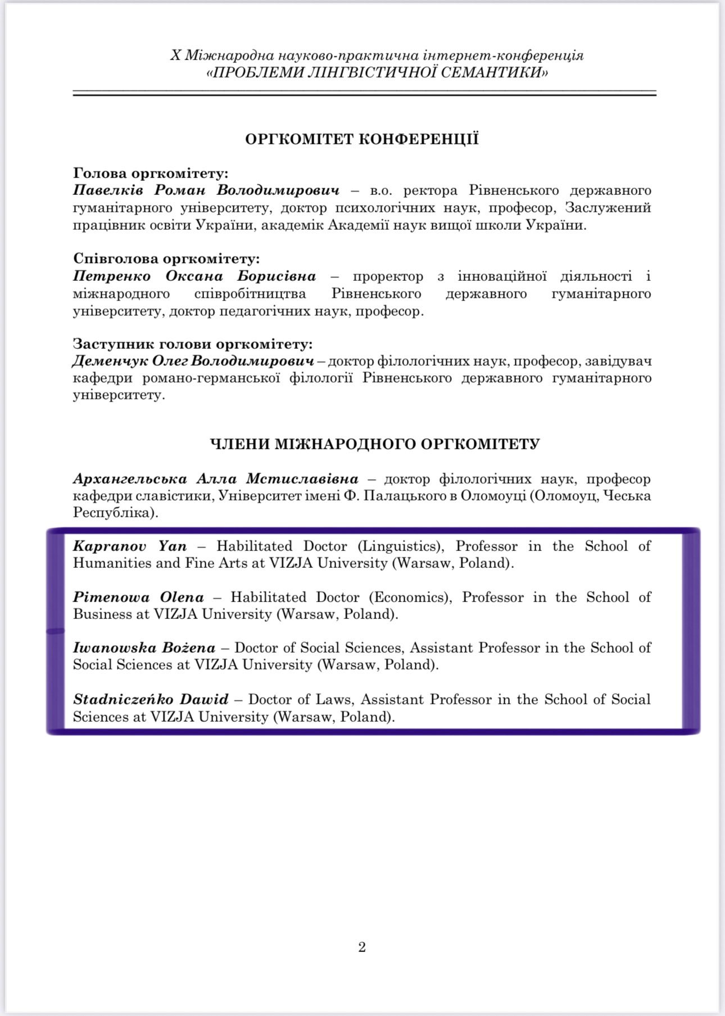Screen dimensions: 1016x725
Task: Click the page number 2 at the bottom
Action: point(362,947)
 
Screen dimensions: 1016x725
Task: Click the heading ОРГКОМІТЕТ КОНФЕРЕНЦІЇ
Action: point(362,139)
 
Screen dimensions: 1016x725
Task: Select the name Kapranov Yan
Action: point(130,546)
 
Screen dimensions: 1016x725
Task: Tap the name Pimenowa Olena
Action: point(138,597)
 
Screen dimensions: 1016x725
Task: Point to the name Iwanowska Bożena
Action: point(144,648)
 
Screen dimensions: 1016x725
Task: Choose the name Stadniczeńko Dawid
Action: point(151,699)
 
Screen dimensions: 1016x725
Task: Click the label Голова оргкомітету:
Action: point(151,174)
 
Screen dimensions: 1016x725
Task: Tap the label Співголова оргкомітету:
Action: point(166,259)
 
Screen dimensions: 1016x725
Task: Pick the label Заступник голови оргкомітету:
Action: point(193,344)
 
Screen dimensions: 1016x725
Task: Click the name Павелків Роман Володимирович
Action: point(206,190)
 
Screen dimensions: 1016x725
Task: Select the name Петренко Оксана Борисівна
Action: point(194,276)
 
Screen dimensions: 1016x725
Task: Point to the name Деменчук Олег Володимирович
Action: point(193,361)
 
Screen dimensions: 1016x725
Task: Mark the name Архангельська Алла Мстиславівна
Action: point(215,479)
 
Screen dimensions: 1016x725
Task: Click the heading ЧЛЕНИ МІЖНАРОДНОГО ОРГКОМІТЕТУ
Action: point(375,444)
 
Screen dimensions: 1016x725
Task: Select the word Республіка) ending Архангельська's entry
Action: point(114,513)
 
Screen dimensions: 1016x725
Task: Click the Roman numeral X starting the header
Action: point(176,56)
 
